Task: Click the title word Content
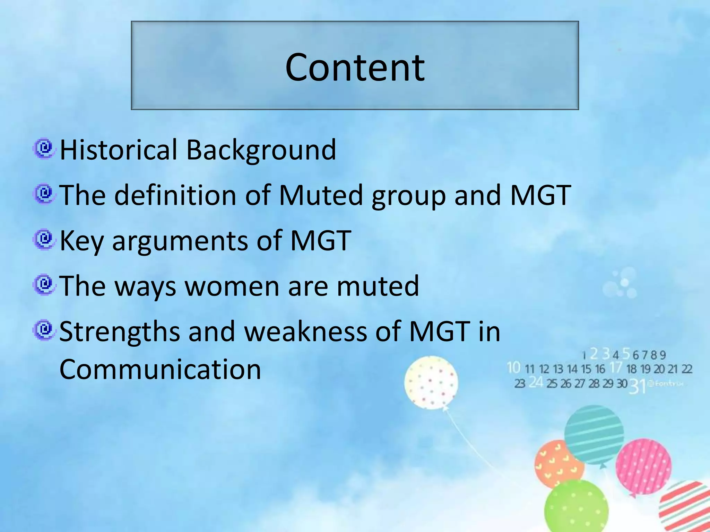click(355, 67)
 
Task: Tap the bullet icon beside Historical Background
click(44, 149)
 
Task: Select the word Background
click(261, 150)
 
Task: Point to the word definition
click(175, 195)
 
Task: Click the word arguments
click(180, 241)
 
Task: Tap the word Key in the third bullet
click(82, 241)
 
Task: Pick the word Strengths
click(120, 331)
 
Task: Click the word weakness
click(305, 331)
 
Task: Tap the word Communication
click(160, 369)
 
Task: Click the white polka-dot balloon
click(431, 382)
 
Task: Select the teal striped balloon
click(594, 435)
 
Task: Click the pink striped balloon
click(643, 466)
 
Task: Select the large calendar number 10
click(513, 367)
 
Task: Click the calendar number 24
click(536, 382)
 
